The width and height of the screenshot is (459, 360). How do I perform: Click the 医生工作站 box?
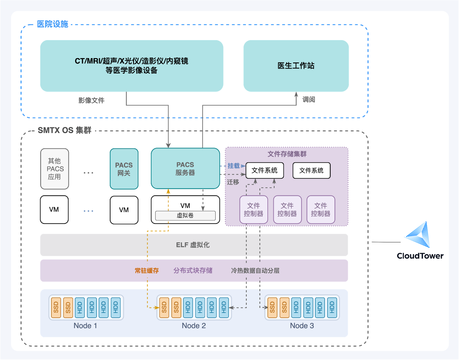point(296,66)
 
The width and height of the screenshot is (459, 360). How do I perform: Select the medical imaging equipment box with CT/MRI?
point(132,66)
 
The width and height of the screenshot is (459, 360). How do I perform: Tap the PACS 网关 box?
point(124,169)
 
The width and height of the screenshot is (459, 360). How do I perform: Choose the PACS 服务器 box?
point(185,169)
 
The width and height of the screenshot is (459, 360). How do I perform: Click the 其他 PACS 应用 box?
point(55,169)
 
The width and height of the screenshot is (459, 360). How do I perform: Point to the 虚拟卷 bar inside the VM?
point(185,216)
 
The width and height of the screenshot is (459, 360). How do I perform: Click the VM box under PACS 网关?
point(124,210)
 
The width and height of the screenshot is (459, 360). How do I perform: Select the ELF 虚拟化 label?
point(193,245)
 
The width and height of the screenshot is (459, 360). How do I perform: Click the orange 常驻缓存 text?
point(147,271)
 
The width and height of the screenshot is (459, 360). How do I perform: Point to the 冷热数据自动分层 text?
point(255,271)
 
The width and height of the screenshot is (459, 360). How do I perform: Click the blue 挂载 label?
point(234,166)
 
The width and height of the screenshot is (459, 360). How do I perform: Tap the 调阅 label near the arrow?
point(309,99)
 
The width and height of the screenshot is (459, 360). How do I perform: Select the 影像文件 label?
point(91,100)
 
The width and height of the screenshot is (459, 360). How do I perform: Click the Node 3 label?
point(302,326)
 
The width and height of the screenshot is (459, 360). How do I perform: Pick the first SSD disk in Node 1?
point(56,308)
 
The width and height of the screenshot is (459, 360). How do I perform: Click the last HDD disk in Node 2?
point(224,308)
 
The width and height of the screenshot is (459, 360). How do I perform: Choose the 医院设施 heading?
point(52,24)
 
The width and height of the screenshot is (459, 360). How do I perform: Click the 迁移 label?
point(233,182)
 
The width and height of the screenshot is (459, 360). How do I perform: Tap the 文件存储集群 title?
point(287,154)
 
